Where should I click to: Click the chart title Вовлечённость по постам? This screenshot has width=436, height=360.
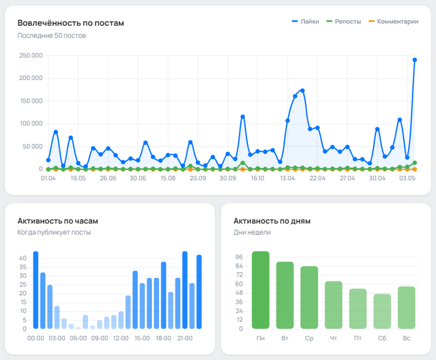point(71,23)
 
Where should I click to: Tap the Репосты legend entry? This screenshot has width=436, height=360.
point(344,21)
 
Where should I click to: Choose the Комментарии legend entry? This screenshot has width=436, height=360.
point(393,21)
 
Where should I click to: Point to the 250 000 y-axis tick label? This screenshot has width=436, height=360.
point(30,56)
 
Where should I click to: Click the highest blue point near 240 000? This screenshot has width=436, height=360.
point(414,60)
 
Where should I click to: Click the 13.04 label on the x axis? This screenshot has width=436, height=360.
point(287,178)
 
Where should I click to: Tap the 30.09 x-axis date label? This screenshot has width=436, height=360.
point(227,178)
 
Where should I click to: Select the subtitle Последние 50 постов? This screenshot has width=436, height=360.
point(51,35)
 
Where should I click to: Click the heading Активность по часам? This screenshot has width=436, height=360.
point(57,220)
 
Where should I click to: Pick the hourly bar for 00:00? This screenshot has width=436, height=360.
point(35,290)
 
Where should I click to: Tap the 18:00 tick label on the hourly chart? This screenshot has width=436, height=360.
point(163,338)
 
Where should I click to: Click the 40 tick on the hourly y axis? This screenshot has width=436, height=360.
point(23,258)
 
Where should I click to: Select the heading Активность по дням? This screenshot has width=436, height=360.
point(271,220)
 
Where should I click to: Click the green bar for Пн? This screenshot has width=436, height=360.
point(261,290)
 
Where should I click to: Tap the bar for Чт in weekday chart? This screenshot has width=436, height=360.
point(333,305)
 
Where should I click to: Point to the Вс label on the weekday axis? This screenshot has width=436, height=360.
point(407,338)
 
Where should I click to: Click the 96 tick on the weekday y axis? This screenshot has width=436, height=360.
point(239,257)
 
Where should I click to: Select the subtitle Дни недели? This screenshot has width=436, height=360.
point(252,232)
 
